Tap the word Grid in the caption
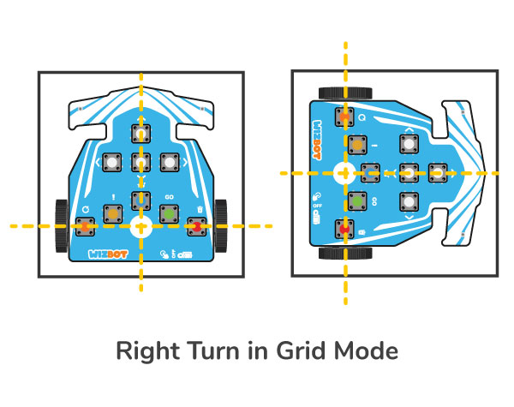tap(296, 351)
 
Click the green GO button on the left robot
tap(168, 212)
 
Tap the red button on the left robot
tap(197, 226)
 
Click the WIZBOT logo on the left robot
tap(107, 254)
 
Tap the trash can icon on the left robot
tap(198, 208)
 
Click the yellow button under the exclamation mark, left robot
tap(112, 212)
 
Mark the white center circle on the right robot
tap(344, 172)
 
